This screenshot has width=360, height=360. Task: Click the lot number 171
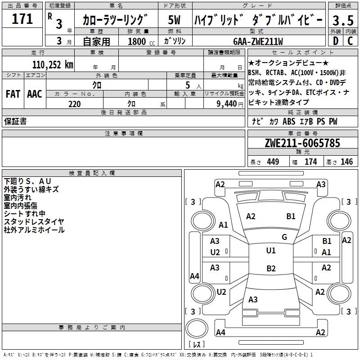22,19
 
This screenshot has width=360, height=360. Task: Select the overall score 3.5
342,21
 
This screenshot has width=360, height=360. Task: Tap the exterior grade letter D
335,40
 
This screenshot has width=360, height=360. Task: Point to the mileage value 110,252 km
52,64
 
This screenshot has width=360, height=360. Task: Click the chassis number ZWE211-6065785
302,144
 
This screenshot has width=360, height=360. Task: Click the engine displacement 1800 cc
138,41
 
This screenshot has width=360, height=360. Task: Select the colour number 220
74,104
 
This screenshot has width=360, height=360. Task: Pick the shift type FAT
13,94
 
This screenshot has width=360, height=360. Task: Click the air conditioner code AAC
35,94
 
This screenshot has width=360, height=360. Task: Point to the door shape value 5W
175,20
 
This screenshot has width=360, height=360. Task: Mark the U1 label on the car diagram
270,251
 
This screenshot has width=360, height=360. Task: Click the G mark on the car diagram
284,237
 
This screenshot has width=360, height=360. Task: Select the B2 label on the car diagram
271,269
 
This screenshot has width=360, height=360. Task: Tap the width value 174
310,162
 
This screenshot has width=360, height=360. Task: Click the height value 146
346,162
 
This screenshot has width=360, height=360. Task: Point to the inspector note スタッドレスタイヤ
34,221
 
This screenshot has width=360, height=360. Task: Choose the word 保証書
15,121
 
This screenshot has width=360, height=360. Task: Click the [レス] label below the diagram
197,345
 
